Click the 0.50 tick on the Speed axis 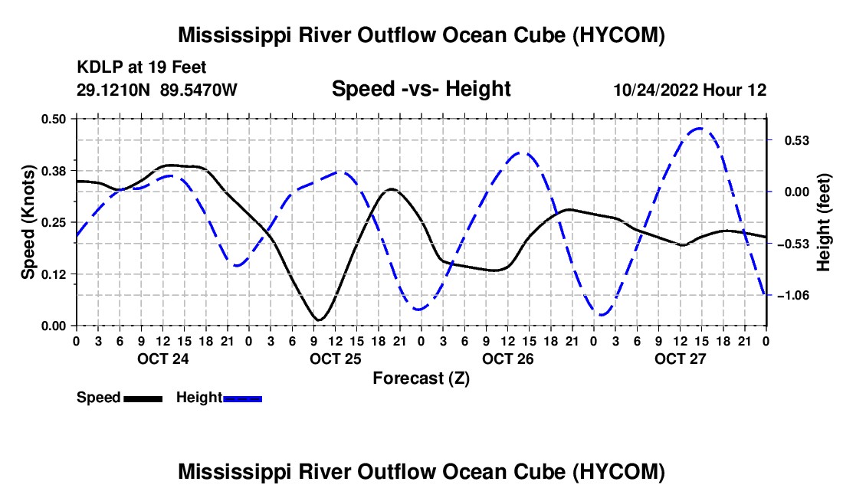click(x=53, y=119)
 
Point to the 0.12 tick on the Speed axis click(x=53, y=274)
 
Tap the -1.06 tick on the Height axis click(x=794, y=296)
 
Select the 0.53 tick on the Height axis click(x=797, y=141)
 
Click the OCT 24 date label click(x=163, y=359)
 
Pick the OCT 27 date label click(x=680, y=359)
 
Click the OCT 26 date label click(x=507, y=359)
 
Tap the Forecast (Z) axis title click(x=421, y=378)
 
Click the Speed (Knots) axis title click(x=28, y=222)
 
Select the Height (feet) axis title click(x=823, y=222)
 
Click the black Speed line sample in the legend click(x=143, y=399)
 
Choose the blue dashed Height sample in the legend click(x=242, y=399)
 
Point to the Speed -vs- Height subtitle click(x=421, y=89)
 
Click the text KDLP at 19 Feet click(x=142, y=67)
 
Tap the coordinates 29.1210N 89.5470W click(x=156, y=89)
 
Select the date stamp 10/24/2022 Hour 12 click(x=690, y=90)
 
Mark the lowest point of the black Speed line click(x=319, y=320)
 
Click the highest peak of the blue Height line click(x=700, y=129)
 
